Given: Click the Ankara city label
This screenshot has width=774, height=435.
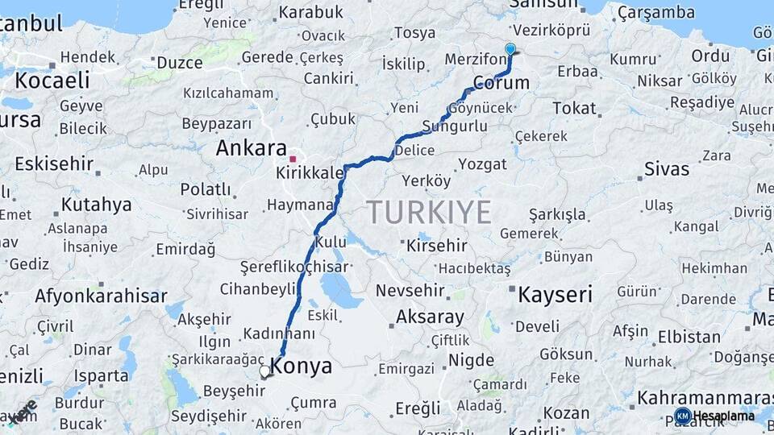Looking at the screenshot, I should point(251,148).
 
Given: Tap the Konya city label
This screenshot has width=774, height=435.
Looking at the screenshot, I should point(302,367).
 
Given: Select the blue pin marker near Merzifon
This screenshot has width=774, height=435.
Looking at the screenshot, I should point(510,50).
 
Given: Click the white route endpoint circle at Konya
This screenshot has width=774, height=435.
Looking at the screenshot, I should point(264,371).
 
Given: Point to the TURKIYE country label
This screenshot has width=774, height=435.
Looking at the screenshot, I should point(429,213).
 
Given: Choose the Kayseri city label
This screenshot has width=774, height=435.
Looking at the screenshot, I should point(555,294).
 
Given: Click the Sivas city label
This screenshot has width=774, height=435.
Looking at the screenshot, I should point(667,169).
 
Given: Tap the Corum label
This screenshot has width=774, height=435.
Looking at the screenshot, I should point(501,83).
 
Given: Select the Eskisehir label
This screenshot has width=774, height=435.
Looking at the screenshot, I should point(54,164).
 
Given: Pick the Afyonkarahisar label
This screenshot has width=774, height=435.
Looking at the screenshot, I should point(101,296).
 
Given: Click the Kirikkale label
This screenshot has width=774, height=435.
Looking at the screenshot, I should point(310,173).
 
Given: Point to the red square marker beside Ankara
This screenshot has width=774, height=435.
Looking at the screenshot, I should point(293,159).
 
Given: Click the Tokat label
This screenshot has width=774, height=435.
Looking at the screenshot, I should point(574,108).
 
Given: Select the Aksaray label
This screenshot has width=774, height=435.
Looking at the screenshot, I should point(431,317).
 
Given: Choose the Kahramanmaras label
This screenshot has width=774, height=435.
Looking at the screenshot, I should point(705,398).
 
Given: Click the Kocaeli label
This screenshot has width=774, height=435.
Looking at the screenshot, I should point(52,81).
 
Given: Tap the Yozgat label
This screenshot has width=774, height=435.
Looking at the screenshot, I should point(482,164).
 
